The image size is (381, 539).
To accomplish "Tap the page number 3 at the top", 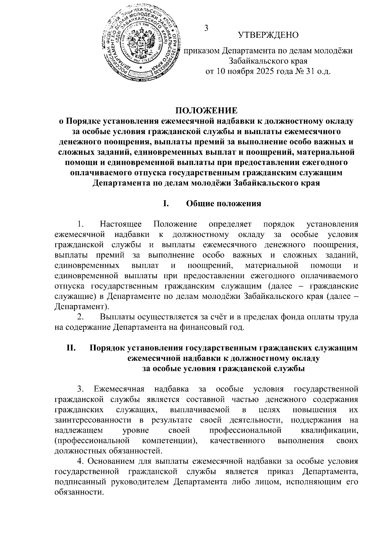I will [206, 28].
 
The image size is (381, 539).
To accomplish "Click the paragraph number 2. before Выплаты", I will [80, 317].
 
